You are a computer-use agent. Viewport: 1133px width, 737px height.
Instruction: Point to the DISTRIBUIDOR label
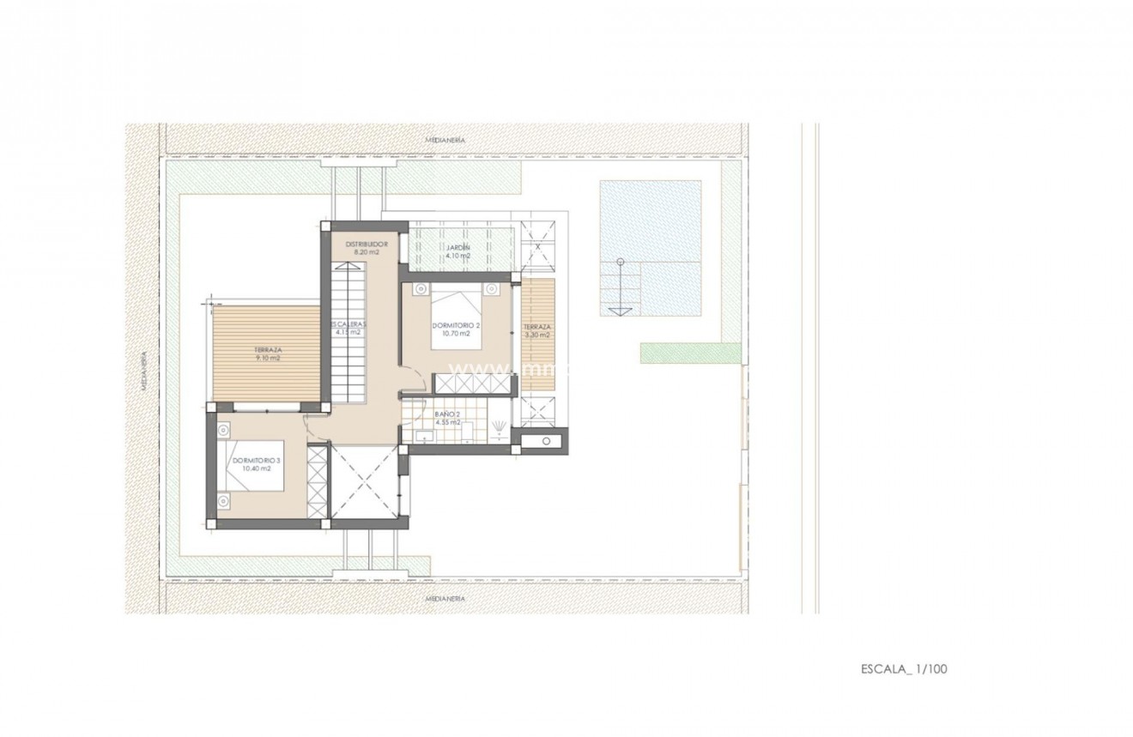(368, 245)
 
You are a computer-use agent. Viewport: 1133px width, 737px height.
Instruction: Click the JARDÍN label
(457, 247)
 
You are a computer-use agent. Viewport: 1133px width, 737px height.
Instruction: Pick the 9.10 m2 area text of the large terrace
(269, 359)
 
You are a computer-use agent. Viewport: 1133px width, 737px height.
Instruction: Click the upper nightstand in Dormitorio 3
(223, 426)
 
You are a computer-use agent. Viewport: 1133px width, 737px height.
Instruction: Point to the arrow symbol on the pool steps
(614, 307)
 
